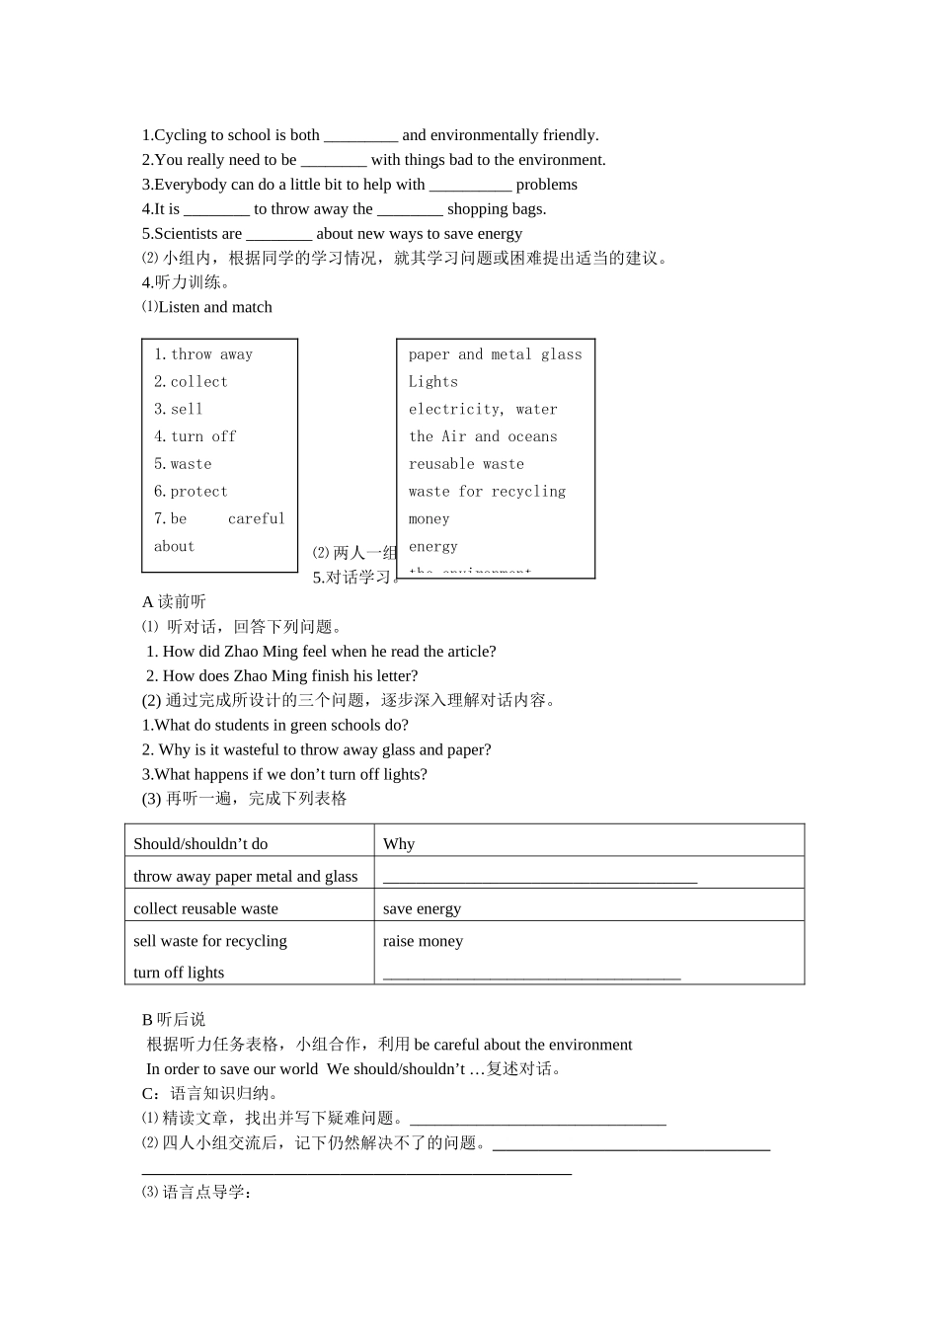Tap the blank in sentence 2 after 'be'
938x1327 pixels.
pyautogui.click(x=334, y=160)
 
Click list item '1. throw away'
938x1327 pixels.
pyautogui.click(x=203, y=354)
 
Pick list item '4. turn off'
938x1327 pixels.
pyautogui.click(x=195, y=436)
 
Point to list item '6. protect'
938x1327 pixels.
pyautogui.click(x=191, y=492)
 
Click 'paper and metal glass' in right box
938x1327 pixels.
pyautogui.click(x=495, y=354)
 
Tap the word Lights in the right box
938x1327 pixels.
pyautogui.click(x=433, y=382)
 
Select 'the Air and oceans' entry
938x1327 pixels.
pyautogui.click(x=483, y=436)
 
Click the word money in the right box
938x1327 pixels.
pyautogui.click(x=429, y=519)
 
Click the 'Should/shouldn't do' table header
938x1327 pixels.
pyautogui.click(x=200, y=844)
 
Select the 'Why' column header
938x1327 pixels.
pyautogui.click(x=399, y=844)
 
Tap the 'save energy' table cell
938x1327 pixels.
pyautogui.click(x=422, y=909)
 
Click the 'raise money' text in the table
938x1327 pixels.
pyautogui.click(x=423, y=942)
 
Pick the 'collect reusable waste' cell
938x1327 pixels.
pyautogui.click(x=205, y=909)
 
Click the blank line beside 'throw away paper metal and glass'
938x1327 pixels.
pyautogui.click(x=539, y=877)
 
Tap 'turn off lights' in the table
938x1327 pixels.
pyautogui.click(x=179, y=973)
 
